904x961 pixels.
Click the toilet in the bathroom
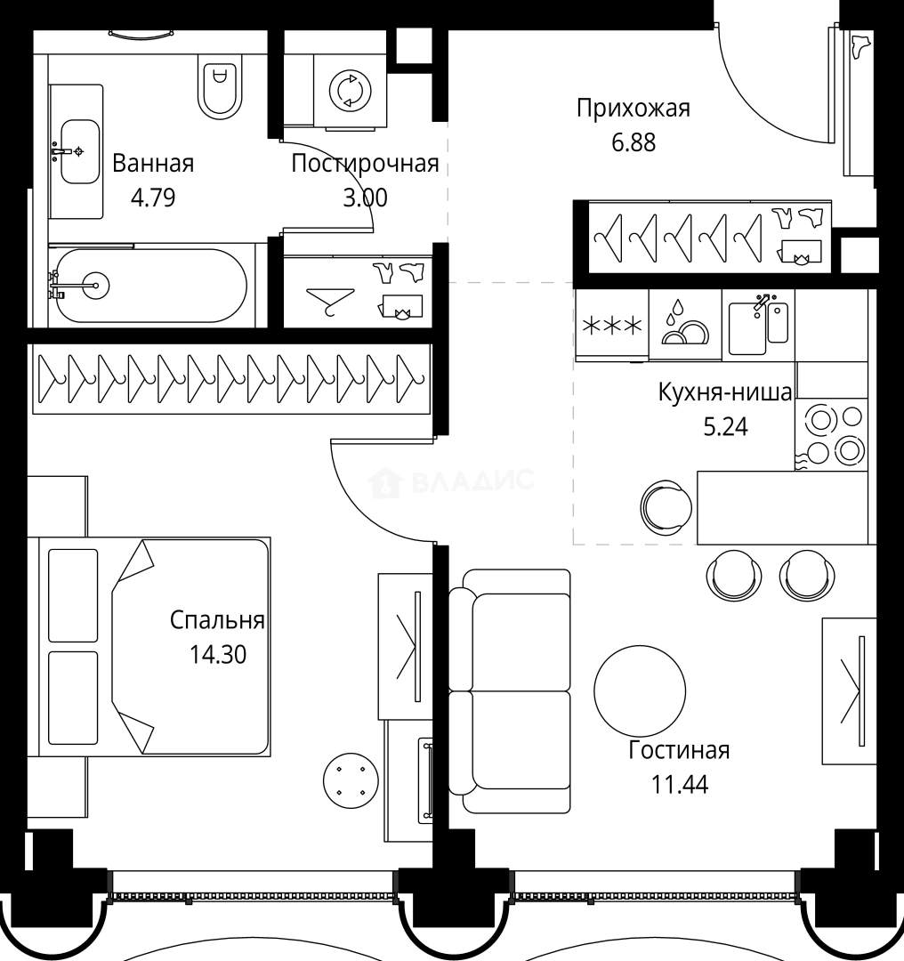(220, 85)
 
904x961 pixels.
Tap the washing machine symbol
(350, 91)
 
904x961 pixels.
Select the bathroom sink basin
(80, 151)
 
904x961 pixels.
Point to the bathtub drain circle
(95, 285)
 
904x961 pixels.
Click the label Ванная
(153, 164)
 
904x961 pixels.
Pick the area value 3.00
(366, 198)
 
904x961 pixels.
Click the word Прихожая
(634, 109)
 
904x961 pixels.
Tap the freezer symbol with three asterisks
(611, 325)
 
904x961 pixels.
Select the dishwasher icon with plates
(684, 323)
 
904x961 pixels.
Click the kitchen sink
(758, 326)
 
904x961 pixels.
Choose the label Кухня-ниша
(725, 392)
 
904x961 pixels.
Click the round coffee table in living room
(640, 690)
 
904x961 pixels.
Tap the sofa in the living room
(510, 691)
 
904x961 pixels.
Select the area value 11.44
(679, 785)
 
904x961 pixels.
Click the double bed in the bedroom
(155, 647)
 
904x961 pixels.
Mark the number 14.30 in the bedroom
(218, 655)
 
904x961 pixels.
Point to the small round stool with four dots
(351, 780)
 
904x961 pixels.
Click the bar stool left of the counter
(666, 507)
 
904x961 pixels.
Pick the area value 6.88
(634, 142)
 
